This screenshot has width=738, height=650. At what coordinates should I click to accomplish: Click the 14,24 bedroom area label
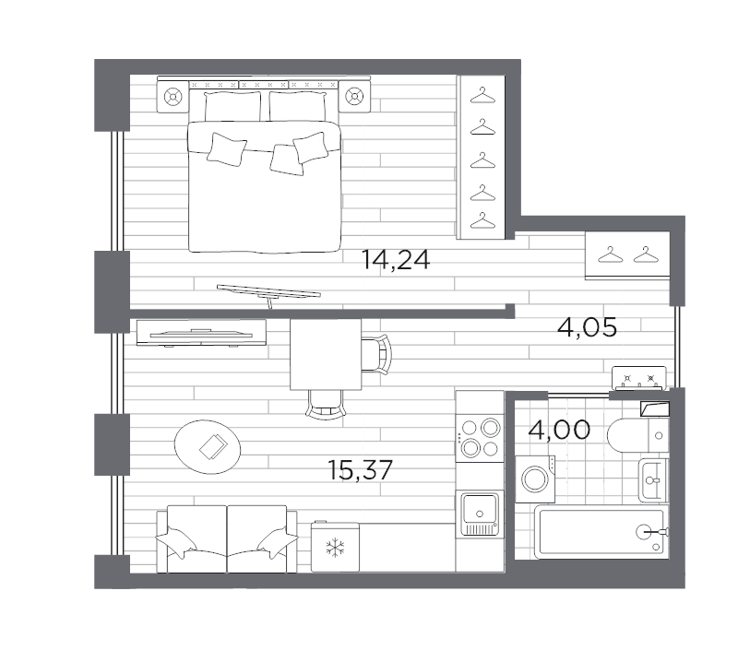point(396,260)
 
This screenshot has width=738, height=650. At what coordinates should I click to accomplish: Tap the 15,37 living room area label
point(360,470)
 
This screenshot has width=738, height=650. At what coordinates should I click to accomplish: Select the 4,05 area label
point(587,327)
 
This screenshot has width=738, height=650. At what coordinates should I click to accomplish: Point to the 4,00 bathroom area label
point(559,430)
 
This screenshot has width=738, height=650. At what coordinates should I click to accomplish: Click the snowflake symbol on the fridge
point(335,548)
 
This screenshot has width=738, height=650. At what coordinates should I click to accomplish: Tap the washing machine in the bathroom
point(535,479)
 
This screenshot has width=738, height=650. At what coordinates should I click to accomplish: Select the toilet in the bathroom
point(637,435)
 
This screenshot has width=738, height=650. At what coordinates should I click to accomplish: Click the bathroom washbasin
point(653,480)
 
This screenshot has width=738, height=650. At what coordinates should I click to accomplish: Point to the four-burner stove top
point(480,437)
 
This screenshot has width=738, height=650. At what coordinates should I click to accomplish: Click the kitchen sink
point(480,514)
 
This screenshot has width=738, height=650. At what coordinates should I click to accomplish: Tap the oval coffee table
point(208,447)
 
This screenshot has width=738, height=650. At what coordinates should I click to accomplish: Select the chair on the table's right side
point(376,354)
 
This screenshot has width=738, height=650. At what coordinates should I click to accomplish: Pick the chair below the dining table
point(326,405)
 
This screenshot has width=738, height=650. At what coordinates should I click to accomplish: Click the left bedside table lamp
point(173,97)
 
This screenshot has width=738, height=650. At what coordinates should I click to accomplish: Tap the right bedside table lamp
point(354,97)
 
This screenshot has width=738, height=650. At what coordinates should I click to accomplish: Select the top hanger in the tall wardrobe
point(482,96)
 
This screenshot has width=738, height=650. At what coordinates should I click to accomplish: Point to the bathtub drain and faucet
point(652,532)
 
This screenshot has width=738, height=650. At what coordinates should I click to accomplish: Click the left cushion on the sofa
point(175,542)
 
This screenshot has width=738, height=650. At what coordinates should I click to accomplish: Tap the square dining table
point(326,355)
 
